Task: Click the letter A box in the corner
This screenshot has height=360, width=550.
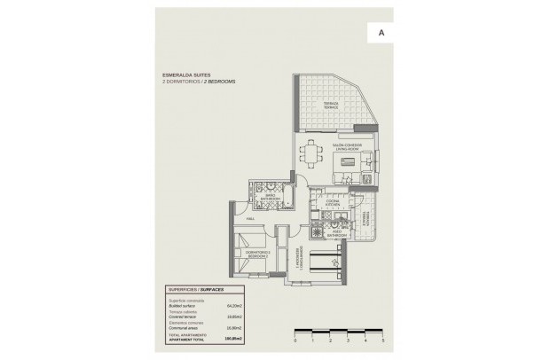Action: coord(381,32)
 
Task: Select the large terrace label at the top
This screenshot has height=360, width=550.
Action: coord(331,106)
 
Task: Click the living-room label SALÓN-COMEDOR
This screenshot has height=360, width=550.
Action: coord(345,147)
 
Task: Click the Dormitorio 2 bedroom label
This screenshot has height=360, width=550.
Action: coord(257,254)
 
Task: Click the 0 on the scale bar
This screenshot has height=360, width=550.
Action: coord(294,340)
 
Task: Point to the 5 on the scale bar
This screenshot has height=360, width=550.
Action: coord(384,340)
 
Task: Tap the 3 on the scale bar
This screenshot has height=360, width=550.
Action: coord(348,340)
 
